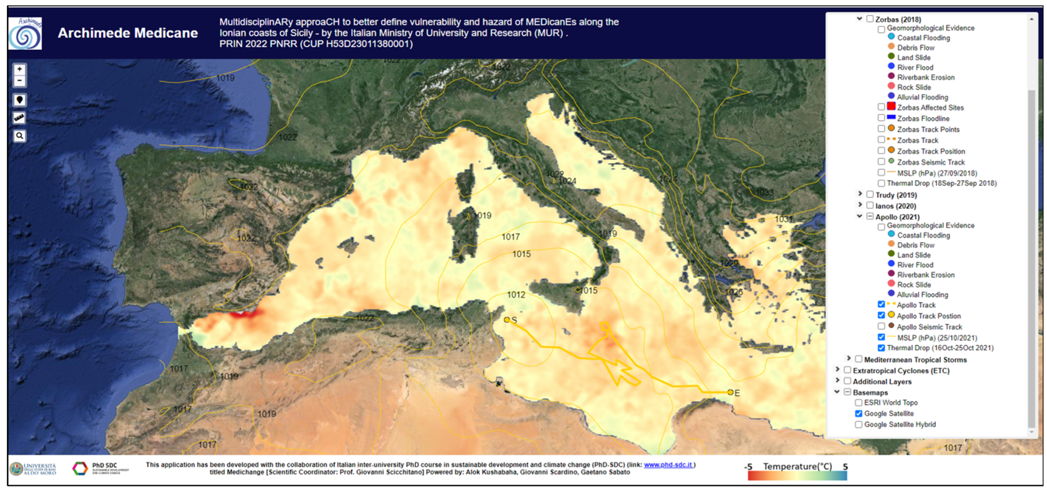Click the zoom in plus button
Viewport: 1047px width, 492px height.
(x=19, y=69)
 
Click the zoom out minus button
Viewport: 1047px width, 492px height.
(x=19, y=80)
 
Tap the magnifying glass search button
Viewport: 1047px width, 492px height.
(x=19, y=136)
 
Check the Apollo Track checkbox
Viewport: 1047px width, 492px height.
(x=881, y=305)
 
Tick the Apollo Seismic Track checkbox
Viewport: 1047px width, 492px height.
(x=881, y=326)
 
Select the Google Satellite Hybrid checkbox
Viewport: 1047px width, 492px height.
(x=858, y=424)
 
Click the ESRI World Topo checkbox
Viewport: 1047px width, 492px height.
(x=858, y=403)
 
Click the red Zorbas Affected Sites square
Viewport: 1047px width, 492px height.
(x=891, y=107)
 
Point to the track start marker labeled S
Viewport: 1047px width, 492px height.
(x=507, y=320)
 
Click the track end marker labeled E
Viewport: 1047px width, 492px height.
(x=731, y=392)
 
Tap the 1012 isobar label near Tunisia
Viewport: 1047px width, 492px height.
(x=516, y=295)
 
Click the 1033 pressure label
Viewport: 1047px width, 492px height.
(x=764, y=192)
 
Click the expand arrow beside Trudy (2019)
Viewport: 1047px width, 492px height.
(x=860, y=194)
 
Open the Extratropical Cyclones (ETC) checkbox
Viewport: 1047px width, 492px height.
(x=847, y=370)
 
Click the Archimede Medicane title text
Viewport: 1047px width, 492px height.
(x=128, y=33)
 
